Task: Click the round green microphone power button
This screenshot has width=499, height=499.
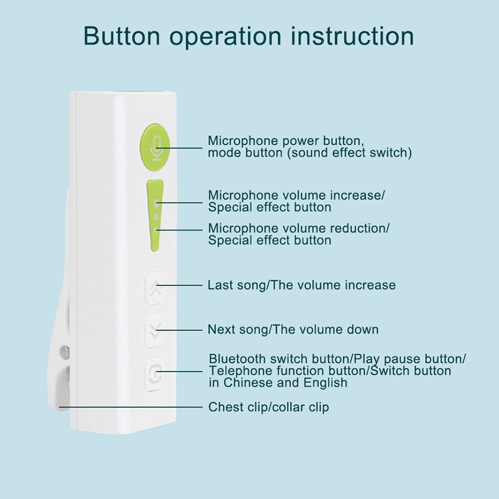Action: click(x=155, y=147)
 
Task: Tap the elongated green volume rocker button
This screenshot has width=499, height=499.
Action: click(x=156, y=213)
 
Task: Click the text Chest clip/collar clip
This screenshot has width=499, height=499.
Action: click(x=268, y=407)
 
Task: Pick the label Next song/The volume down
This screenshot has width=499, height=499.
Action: click(x=293, y=329)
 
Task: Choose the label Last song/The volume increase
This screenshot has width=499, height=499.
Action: click(x=301, y=285)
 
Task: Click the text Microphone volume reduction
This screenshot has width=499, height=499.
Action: click(x=298, y=228)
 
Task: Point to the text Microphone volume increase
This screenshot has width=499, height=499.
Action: click(x=296, y=195)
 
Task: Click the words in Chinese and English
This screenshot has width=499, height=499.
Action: click(x=278, y=383)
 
